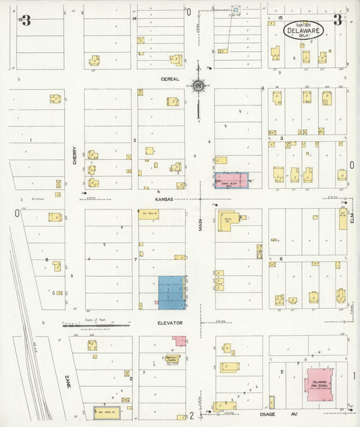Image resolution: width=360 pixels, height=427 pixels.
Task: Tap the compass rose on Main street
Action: (199, 86)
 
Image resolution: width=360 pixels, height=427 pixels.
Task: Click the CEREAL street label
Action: (169, 78)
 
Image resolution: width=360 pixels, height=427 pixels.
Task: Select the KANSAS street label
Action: (164, 199)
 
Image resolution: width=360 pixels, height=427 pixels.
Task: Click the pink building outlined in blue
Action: (232, 180)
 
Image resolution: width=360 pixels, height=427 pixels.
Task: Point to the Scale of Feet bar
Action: (95, 324)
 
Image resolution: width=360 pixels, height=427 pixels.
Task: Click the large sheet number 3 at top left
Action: (26, 20)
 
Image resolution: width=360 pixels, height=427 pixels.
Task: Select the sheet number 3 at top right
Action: (337, 20)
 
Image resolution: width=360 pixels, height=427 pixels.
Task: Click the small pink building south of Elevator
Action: (179, 341)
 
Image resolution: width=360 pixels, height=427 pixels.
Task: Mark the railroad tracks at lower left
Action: (30, 351)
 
